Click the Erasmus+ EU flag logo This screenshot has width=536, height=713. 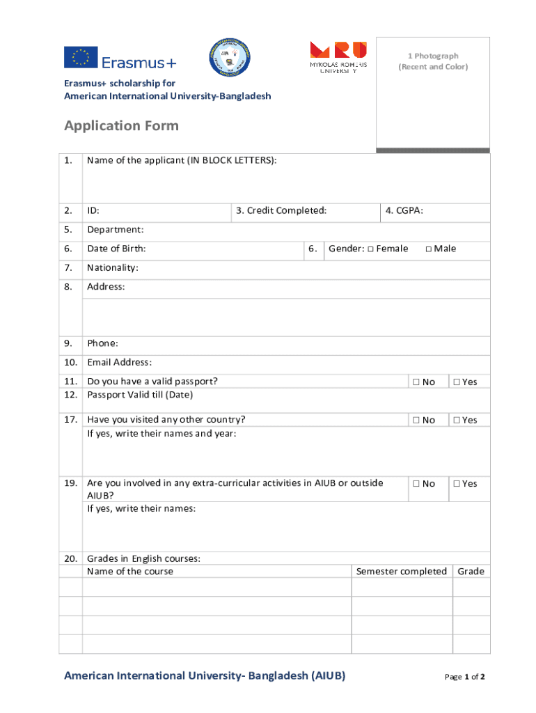(x=81, y=57)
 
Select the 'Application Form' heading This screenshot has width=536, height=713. (x=121, y=125)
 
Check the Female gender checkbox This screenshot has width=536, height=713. (x=371, y=249)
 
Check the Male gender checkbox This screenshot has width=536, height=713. (x=429, y=249)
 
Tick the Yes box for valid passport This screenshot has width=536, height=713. (x=457, y=382)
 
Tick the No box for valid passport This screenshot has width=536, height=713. (x=416, y=382)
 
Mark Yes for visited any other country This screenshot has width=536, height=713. (x=457, y=421)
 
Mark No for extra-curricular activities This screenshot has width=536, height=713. (x=416, y=484)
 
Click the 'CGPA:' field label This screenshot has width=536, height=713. (x=409, y=210)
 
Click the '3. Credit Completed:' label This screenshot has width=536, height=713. (x=281, y=210)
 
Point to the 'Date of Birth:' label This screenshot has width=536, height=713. (x=116, y=249)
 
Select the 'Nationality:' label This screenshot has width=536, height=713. (x=113, y=267)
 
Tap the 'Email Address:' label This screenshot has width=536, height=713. (x=119, y=362)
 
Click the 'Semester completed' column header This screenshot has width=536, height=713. (x=401, y=572)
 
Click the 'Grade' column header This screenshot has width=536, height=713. (x=471, y=572)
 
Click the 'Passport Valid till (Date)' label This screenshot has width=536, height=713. (x=140, y=395)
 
